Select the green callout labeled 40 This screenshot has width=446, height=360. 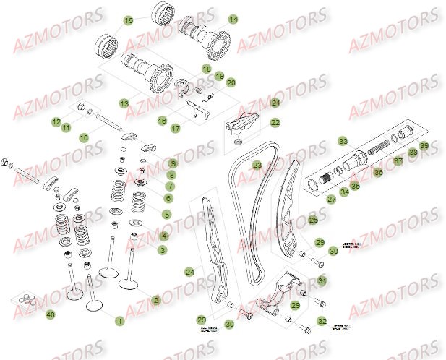(50, 314)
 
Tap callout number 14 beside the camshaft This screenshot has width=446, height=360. (233, 20)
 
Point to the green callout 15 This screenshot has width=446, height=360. (129, 21)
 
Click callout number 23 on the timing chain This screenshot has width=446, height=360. (257, 165)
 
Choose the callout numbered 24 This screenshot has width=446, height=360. (189, 272)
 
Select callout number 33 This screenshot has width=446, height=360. (343, 141)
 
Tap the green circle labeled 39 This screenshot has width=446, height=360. (424, 147)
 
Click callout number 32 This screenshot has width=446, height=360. (322, 320)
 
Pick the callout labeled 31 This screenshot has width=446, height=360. (322, 280)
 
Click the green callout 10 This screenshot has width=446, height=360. (84, 137)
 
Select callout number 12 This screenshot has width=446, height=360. (56, 122)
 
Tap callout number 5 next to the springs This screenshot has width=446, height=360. (166, 214)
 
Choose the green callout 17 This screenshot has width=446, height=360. (175, 128)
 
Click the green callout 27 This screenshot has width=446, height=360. (332, 197)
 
